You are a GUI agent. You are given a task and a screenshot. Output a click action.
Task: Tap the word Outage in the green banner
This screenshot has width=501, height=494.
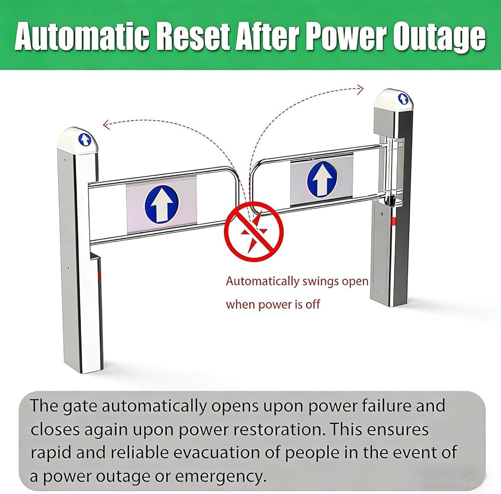439,38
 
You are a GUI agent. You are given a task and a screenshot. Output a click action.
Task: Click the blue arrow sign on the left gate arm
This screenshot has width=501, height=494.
162,204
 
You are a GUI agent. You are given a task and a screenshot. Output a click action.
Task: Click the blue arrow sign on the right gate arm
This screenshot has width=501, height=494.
322,179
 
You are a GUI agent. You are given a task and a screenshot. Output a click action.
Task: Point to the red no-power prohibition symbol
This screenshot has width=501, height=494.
254,231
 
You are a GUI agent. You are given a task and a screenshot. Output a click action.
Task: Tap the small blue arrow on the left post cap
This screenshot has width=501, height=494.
85,140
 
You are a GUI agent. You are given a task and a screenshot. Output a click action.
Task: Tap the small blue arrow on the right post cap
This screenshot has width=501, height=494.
403,99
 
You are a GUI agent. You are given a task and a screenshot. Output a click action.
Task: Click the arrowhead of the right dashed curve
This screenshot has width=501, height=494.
360,90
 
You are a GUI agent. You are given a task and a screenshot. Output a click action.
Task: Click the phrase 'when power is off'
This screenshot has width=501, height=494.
273,305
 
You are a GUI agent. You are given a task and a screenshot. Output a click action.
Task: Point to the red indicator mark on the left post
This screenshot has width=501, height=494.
99,275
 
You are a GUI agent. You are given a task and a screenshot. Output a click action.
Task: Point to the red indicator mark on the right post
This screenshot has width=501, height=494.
394,221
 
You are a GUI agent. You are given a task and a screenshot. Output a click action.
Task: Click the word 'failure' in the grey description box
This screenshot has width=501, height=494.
386,406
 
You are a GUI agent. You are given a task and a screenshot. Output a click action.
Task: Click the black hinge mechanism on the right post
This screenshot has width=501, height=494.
390,201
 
